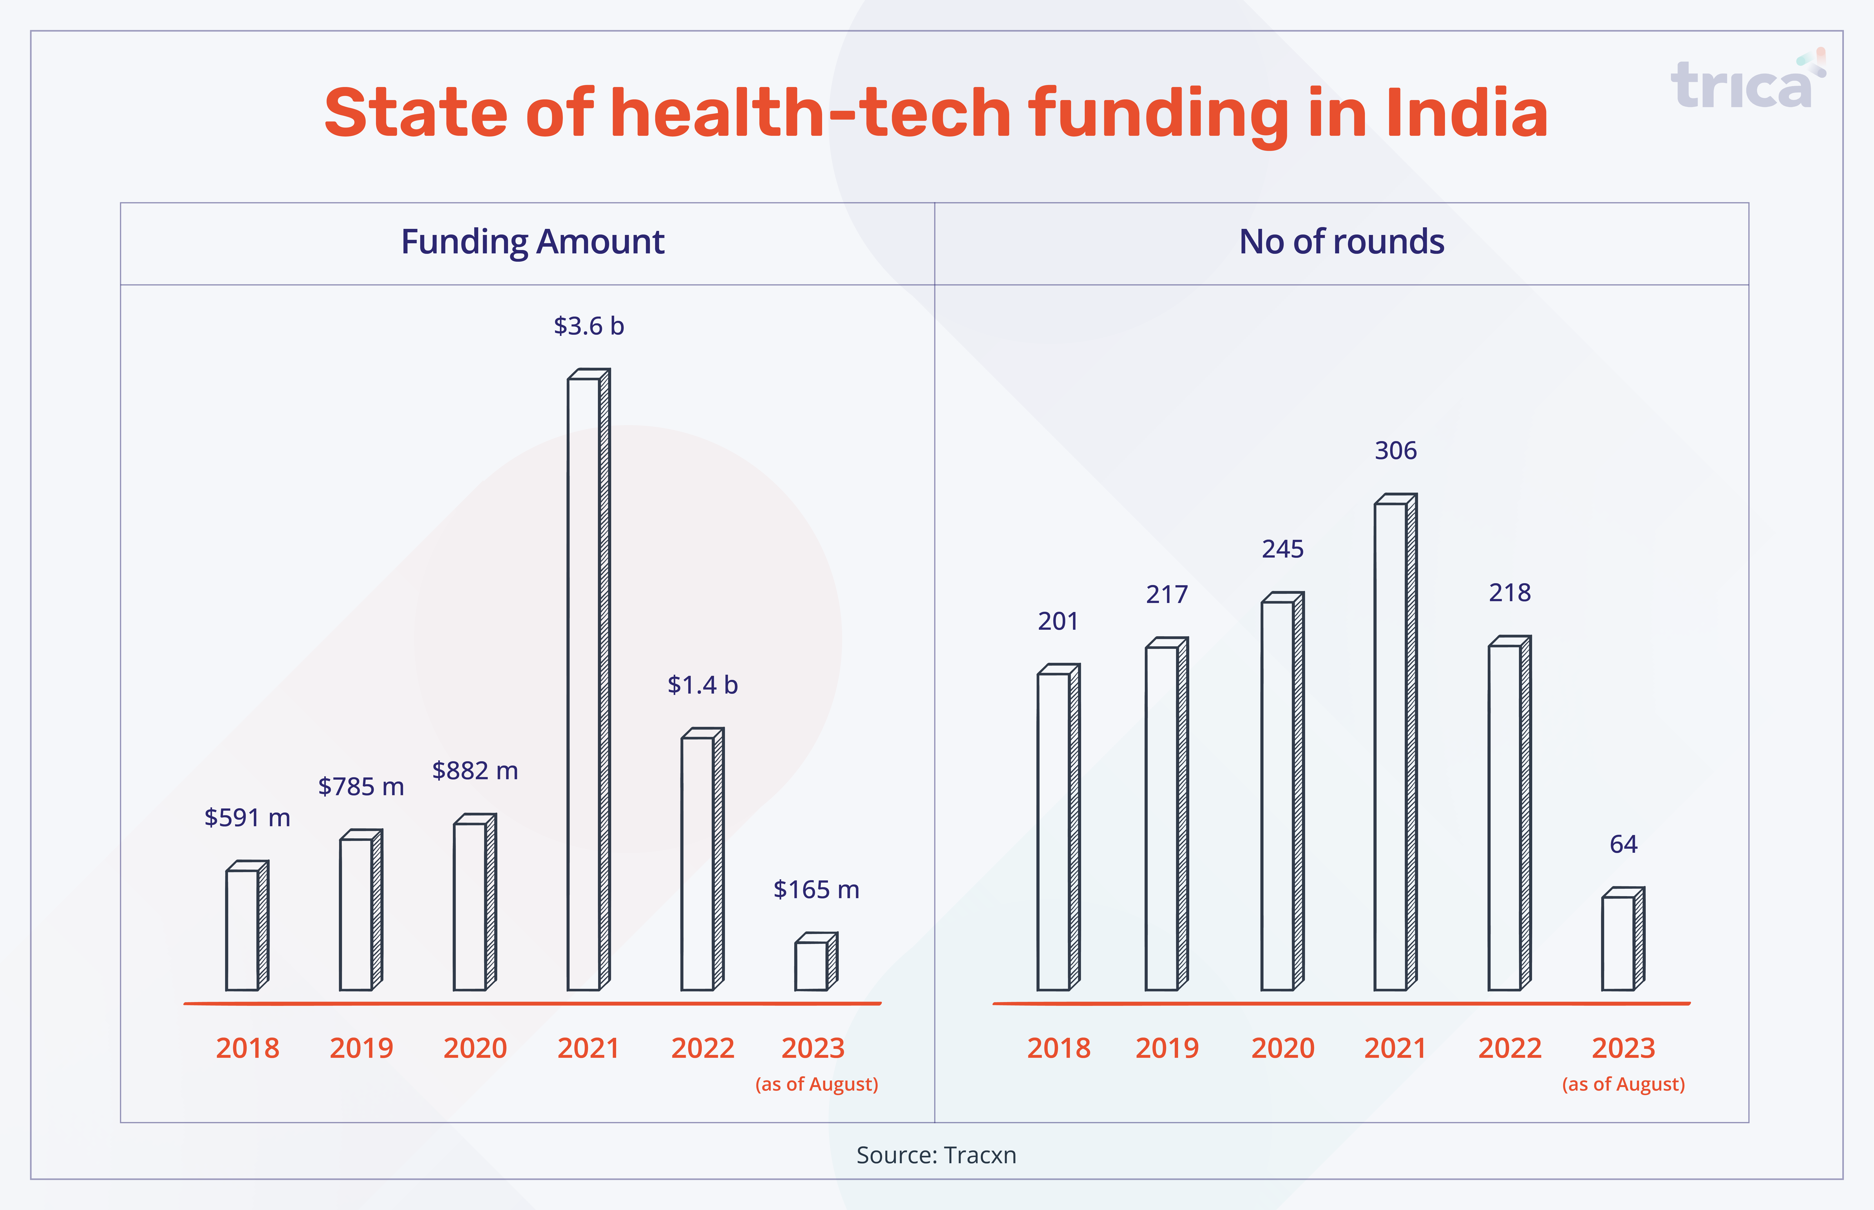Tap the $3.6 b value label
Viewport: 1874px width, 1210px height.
tap(588, 325)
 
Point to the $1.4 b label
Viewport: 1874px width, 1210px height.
tap(702, 684)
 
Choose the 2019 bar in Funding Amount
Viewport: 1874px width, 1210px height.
tap(361, 910)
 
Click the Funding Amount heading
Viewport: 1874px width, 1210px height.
tap(533, 241)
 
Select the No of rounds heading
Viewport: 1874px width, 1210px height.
tap(1341, 241)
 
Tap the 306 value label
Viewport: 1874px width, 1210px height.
tap(1395, 450)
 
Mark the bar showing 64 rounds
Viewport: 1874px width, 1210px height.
tap(1623, 939)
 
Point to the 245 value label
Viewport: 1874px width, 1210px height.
tap(1282, 548)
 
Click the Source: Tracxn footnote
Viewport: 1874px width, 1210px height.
tap(936, 1155)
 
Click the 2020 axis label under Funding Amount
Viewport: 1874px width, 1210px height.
tap(475, 1048)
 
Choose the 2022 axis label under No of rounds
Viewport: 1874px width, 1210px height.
tap(1509, 1048)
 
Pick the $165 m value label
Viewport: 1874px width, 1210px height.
tap(816, 889)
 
